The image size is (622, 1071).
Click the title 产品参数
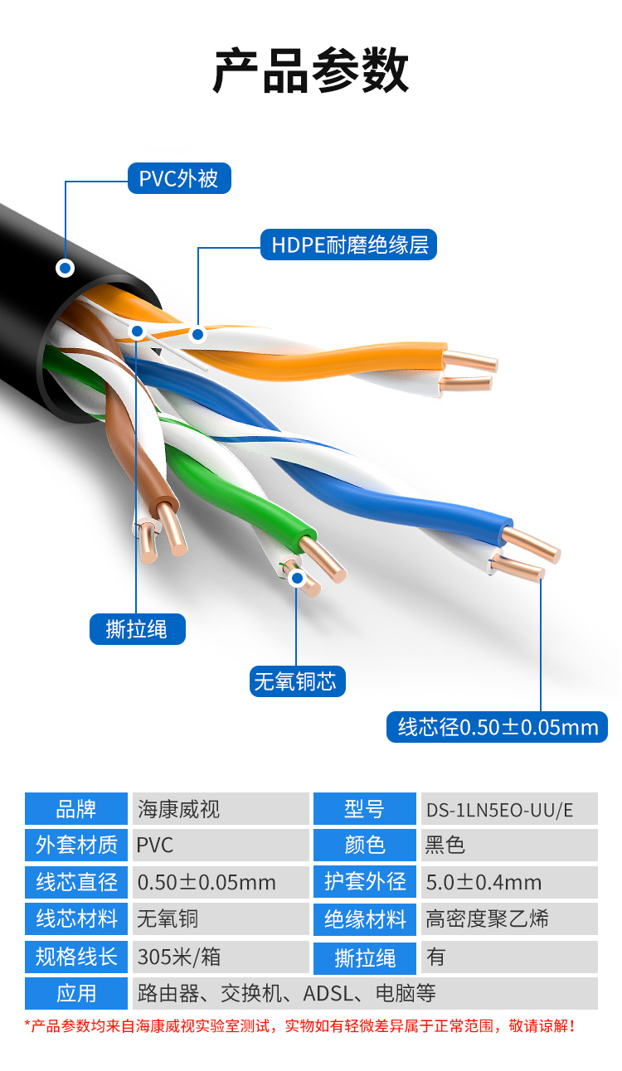click(311, 71)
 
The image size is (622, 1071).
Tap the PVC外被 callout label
click(179, 178)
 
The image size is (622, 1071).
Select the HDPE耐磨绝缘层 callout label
click(349, 245)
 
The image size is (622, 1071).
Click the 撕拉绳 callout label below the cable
click(137, 629)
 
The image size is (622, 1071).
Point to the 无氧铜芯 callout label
click(296, 682)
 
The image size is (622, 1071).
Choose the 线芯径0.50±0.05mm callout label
click(498, 727)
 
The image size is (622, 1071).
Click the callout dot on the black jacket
click(65, 268)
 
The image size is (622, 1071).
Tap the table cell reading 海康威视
click(221, 808)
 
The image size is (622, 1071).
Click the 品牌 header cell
click(76, 808)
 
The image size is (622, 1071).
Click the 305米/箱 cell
click(221, 956)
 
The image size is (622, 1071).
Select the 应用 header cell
click(76, 993)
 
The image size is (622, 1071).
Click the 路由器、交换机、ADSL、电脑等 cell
click(365, 993)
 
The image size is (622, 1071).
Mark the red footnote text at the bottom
click(300, 1026)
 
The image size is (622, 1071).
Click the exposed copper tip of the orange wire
click(473, 361)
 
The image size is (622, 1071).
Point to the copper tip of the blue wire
click(533, 544)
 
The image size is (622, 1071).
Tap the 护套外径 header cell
click(365, 882)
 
